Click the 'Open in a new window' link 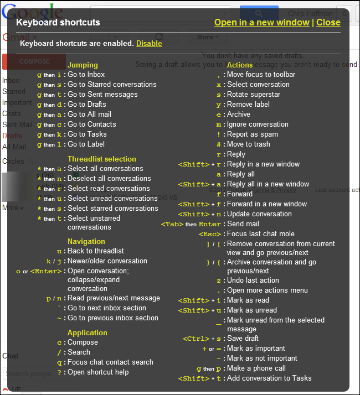261,23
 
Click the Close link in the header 328,23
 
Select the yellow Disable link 149,43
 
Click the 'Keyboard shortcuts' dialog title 58,23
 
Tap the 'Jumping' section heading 83,65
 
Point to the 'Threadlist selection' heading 101,159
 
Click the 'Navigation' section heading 86,241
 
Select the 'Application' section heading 87,332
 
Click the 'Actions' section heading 240,65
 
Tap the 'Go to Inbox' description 86,75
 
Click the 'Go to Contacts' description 91,124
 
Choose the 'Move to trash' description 249,144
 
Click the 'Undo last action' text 253,280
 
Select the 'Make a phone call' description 256,368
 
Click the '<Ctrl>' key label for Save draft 193,339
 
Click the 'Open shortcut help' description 98,372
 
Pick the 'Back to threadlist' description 96,251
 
